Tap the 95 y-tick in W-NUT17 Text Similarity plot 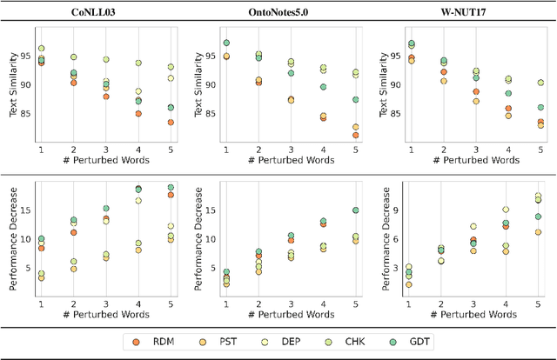coord(396,57)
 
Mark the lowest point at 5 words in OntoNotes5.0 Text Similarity coord(355,135)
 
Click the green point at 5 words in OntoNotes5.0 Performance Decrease coord(355,210)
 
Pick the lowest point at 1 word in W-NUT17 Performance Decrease coord(409,284)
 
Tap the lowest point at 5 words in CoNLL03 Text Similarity coord(170,123)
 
